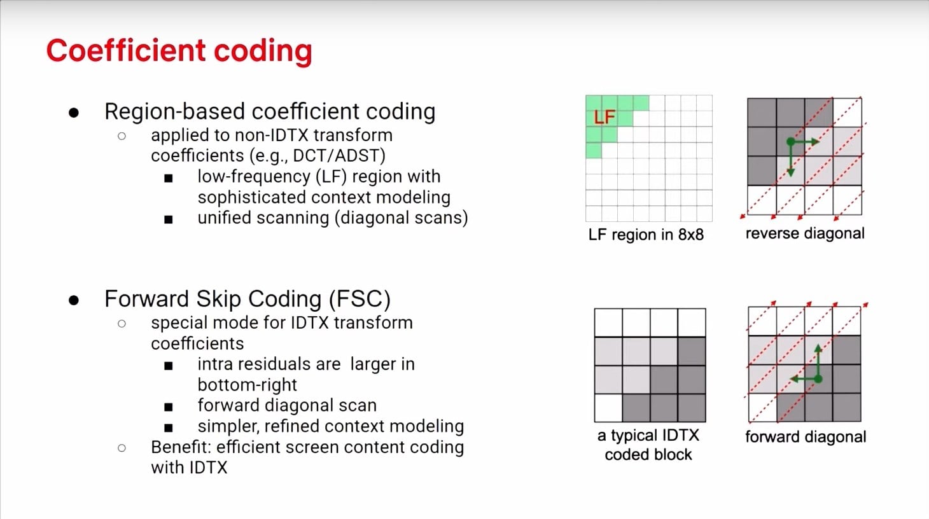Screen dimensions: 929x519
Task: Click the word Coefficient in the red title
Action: tap(126, 50)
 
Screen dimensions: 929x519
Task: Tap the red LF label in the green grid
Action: tap(604, 117)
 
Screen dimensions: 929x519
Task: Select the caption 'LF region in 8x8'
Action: tap(646, 235)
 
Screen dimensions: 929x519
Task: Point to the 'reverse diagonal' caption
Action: tap(805, 233)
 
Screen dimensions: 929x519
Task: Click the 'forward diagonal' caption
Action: tap(806, 437)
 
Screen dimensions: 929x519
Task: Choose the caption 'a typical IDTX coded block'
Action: tap(648, 445)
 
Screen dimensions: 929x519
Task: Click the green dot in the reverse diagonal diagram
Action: tap(790, 142)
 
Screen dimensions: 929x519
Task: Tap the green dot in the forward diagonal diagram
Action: tap(818, 379)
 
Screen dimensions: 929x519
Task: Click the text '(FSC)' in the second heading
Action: tap(360, 299)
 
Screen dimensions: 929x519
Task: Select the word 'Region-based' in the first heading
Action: tap(174, 112)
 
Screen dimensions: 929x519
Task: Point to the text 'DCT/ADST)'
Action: tap(339, 156)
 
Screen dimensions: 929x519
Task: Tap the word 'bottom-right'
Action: tap(247, 385)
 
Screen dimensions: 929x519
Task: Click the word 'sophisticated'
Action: tap(251, 198)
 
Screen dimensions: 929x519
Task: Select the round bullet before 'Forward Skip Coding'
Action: tap(74, 300)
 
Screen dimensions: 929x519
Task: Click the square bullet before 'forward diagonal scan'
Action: tap(169, 407)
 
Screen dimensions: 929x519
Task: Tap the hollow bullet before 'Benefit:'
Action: tap(122, 448)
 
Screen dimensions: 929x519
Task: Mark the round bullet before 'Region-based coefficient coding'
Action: tap(74, 113)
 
